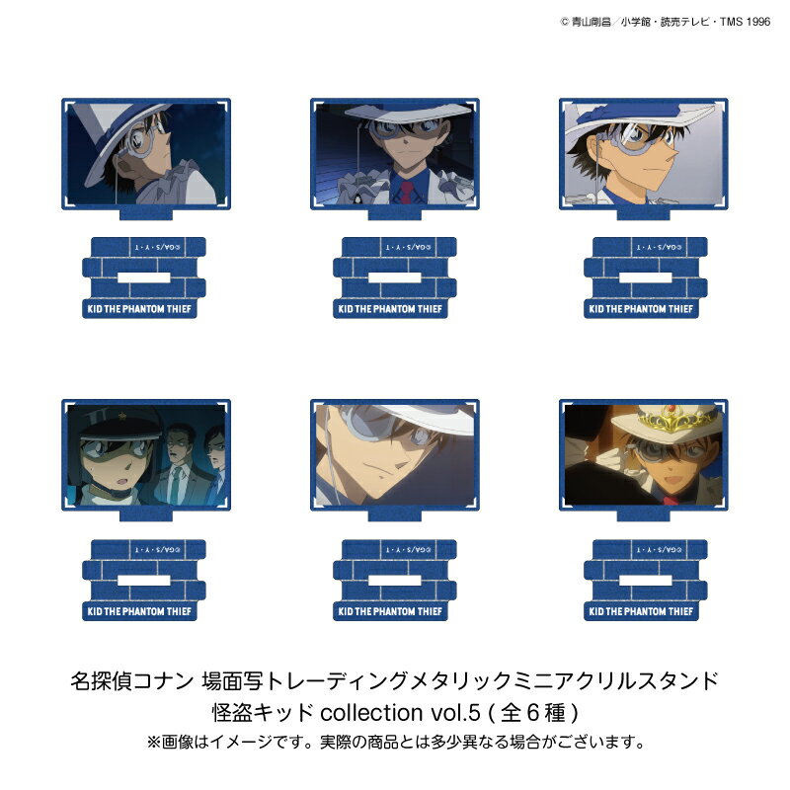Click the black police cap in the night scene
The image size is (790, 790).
[99, 421]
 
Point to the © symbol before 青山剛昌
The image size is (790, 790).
[564, 20]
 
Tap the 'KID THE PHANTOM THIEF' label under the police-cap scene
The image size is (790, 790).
[144, 612]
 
